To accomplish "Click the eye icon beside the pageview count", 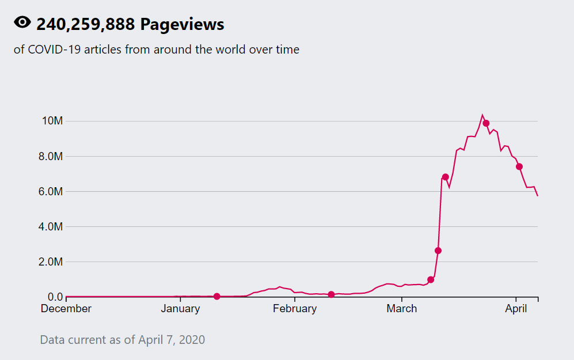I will pyautogui.click(x=22, y=23).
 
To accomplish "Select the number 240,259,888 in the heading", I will pyautogui.click(x=86, y=24).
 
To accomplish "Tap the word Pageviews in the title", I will pyautogui.click(x=182, y=24).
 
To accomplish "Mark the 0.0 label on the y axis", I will pyautogui.click(x=55, y=297).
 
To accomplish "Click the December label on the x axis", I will pyautogui.click(x=66, y=309).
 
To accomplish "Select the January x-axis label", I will pyautogui.click(x=180, y=309).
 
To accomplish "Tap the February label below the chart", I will pyautogui.click(x=295, y=309).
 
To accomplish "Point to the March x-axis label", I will pyautogui.click(x=402, y=309).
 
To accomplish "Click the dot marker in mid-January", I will pyautogui.click(x=217, y=296).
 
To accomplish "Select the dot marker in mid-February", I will pyautogui.click(x=331, y=294).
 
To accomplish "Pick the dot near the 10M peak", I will pyautogui.click(x=486, y=123).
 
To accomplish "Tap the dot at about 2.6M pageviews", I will pyautogui.click(x=438, y=251).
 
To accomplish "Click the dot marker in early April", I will pyautogui.click(x=519, y=166).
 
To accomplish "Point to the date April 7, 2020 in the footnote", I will pyautogui.click(x=172, y=340).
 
